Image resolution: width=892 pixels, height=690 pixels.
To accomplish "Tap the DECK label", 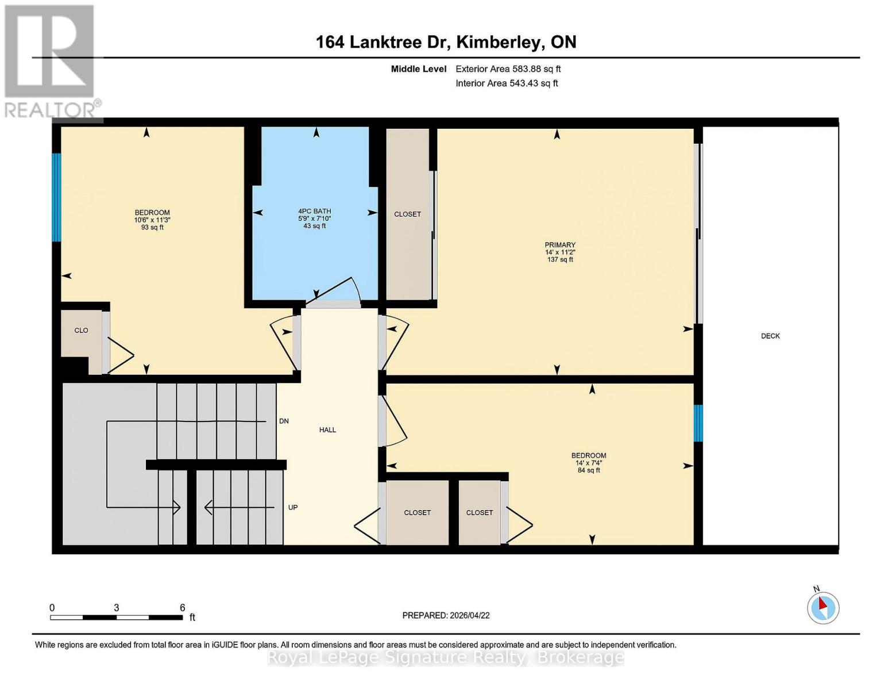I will [770, 336].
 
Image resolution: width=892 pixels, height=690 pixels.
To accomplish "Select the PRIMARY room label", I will [560, 245].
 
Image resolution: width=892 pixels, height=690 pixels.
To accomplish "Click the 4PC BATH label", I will [314, 211].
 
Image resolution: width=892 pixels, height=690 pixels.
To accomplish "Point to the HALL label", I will [327, 430].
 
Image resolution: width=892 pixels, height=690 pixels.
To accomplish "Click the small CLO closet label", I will [81, 330].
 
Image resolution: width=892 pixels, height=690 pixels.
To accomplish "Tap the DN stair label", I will [284, 421].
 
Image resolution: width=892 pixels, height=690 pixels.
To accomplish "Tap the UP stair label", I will [292, 507].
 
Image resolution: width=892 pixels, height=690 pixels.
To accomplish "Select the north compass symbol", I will [823, 607].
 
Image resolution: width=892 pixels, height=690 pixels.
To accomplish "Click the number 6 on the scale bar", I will [182, 608].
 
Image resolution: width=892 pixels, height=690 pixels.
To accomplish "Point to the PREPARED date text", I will [446, 615].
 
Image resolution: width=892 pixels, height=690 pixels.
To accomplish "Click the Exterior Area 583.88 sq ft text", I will [508, 69].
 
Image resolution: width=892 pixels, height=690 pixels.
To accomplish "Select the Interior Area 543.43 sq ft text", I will [507, 83].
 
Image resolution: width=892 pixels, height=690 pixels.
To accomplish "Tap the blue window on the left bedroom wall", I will [56, 197].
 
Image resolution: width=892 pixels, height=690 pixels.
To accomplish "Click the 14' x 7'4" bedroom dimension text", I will [589, 463].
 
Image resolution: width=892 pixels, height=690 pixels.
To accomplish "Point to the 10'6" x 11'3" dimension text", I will [152, 220].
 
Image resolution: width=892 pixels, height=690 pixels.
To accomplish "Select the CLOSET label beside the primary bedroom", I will [407, 214].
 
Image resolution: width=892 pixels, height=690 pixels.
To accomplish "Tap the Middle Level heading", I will [418, 69].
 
